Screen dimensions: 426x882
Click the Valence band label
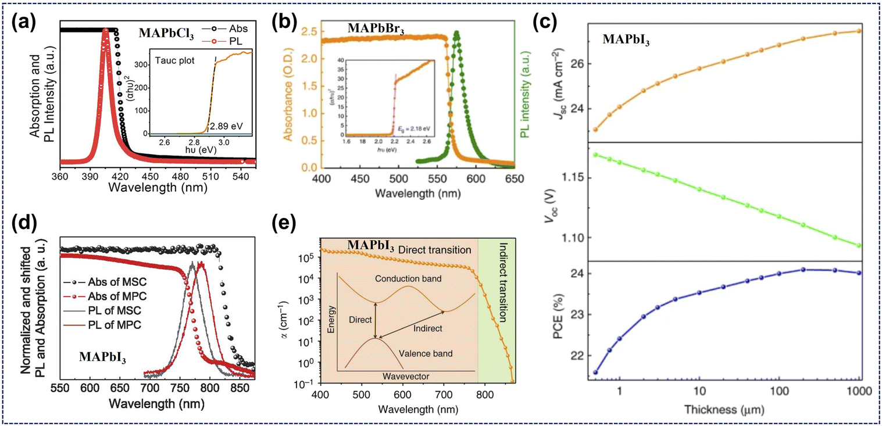tap(430, 353)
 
